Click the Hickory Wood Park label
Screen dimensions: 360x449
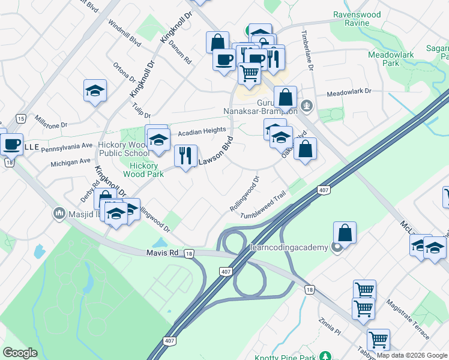point(143,170)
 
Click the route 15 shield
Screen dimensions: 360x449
point(21,118)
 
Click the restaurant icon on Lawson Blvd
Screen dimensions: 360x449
point(186,156)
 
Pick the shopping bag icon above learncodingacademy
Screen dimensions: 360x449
point(345,233)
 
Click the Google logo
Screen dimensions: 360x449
point(20,353)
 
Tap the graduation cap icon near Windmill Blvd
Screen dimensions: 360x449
point(95,91)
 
